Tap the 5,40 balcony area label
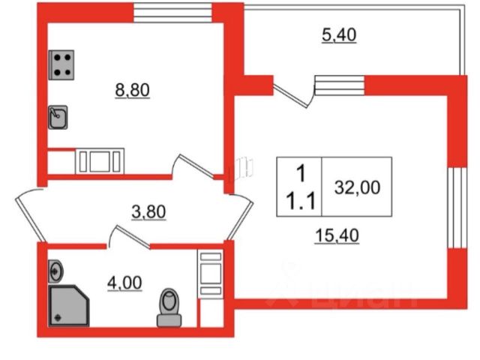pos(337,34)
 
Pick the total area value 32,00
pos(358,187)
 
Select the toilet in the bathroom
pos(170,308)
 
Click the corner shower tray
pos(70,304)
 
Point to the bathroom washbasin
pos(56,269)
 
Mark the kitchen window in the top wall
pos(172,12)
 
